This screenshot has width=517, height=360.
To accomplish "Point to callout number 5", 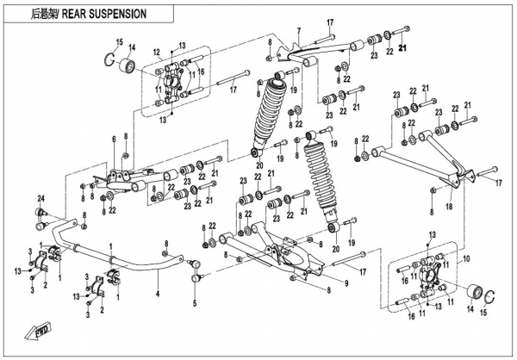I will click(x=196, y=303).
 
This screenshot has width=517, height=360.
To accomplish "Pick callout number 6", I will click(x=113, y=140).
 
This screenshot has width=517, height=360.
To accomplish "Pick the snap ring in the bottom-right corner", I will click(x=489, y=296).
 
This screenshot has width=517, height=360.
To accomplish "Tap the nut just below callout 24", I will click(x=40, y=215).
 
